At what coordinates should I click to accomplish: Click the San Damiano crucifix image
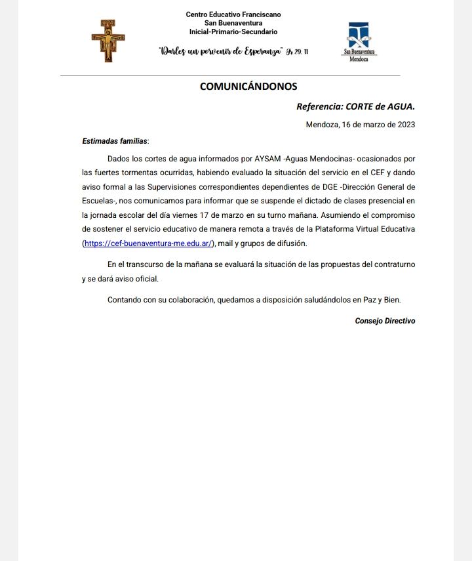(x=108, y=40)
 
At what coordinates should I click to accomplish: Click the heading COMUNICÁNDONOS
(x=248, y=86)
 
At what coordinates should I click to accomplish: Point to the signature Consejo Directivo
(x=385, y=321)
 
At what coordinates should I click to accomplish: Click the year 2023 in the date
(x=404, y=125)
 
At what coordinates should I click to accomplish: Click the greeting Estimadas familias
(x=115, y=141)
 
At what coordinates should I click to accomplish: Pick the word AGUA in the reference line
(x=400, y=106)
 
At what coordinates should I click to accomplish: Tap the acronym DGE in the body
(x=330, y=187)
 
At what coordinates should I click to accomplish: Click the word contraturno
(x=392, y=264)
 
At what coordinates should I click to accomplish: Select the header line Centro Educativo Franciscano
(x=234, y=14)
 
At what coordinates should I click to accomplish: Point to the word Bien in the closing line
(x=391, y=300)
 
